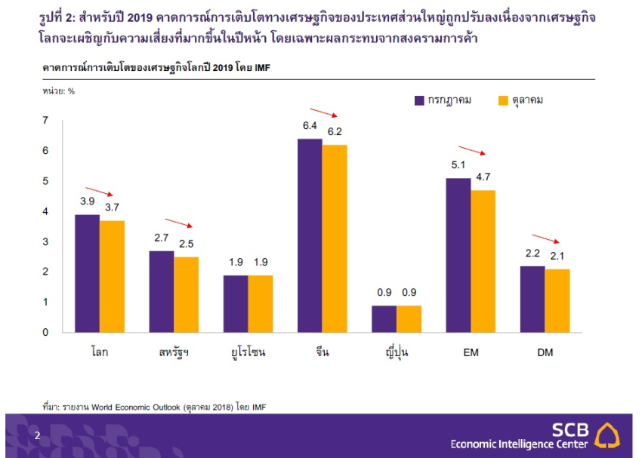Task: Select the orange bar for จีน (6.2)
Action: point(335,238)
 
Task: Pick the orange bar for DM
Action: point(557,300)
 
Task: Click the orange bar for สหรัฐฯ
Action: point(187,294)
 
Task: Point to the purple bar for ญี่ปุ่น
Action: point(384,318)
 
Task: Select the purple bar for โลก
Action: point(87,273)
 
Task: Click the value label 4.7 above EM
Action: point(483,178)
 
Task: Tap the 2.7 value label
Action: point(162,238)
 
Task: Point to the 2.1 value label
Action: point(557,257)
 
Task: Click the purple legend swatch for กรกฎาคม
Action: point(419,100)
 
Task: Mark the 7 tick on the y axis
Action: point(45,121)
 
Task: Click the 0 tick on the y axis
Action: point(45,332)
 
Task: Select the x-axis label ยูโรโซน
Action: point(248,352)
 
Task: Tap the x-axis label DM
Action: point(545,352)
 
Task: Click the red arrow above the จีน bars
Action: point(323,113)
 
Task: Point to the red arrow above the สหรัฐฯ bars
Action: point(180,223)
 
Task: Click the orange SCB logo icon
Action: point(608,435)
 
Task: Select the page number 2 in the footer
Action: point(38,435)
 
